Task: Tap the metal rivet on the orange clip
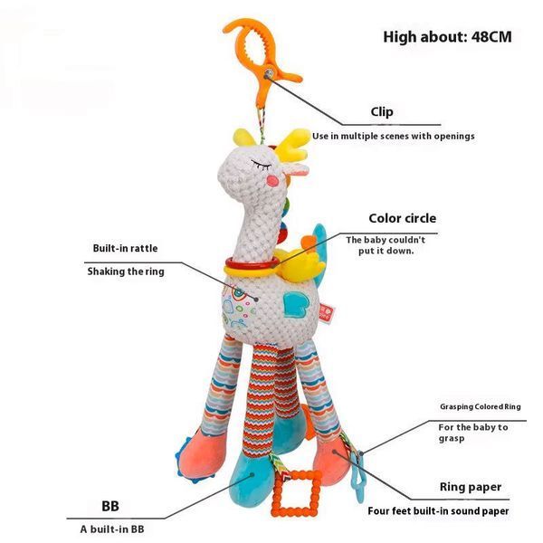point(269,74)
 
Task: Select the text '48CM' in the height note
point(491,37)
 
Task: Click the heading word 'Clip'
point(382,111)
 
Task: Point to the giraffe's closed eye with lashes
point(262,165)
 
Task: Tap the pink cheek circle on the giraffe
point(272,180)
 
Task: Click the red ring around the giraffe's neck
point(251,264)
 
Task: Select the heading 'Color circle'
point(403,218)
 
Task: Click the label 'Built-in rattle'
point(126,248)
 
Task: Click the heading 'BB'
point(110,506)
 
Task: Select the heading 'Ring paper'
point(471,487)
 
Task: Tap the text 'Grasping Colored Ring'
point(481,406)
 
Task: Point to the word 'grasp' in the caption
point(452,439)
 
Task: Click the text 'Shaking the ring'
point(126,271)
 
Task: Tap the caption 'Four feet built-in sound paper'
point(438,510)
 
